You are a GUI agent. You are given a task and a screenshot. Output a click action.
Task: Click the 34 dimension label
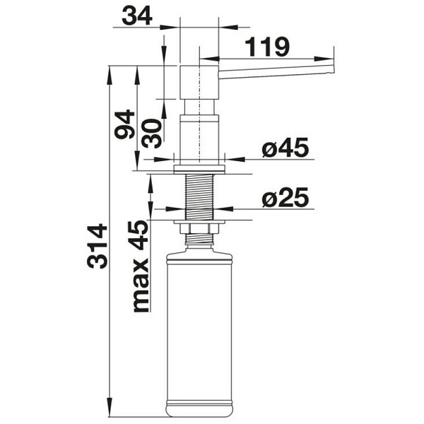click(x=137, y=16)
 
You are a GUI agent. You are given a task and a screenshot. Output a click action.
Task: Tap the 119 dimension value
click(x=267, y=47)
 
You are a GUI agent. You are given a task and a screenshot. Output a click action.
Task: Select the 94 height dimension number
click(x=124, y=124)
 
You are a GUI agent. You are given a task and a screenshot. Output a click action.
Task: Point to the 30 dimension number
click(x=152, y=134)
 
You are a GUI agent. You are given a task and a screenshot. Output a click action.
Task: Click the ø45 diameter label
click(x=285, y=148)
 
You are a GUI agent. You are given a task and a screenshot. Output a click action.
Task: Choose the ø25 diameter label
click(x=285, y=197)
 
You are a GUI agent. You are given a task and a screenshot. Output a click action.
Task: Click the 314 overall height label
click(x=97, y=246)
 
